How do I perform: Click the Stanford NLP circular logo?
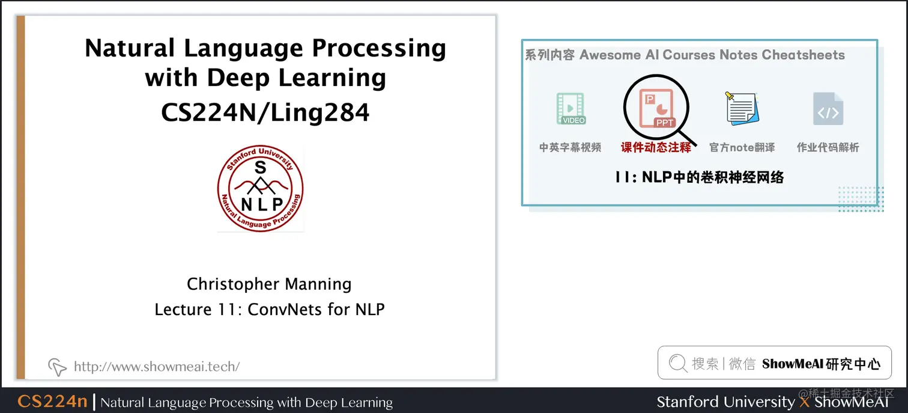tap(260, 188)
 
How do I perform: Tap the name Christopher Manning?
tap(269, 284)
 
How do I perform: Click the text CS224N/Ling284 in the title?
tap(265, 112)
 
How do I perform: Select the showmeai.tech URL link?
tap(157, 366)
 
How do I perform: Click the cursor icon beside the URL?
tap(57, 366)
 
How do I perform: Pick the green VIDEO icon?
tap(570, 109)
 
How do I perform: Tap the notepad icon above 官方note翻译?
tap(742, 109)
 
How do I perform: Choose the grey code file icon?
tap(828, 109)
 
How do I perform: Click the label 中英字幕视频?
tap(570, 147)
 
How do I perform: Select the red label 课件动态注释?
tap(656, 147)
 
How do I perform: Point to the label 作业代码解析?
tap(828, 147)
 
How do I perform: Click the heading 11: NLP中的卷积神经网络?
tap(700, 177)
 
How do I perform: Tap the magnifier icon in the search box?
tap(678, 363)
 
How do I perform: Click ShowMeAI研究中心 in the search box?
tap(821, 364)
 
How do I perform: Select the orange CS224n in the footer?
tap(52, 402)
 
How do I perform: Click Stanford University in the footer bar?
tap(725, 402)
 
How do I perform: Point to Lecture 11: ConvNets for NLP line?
tap(269, 309)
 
